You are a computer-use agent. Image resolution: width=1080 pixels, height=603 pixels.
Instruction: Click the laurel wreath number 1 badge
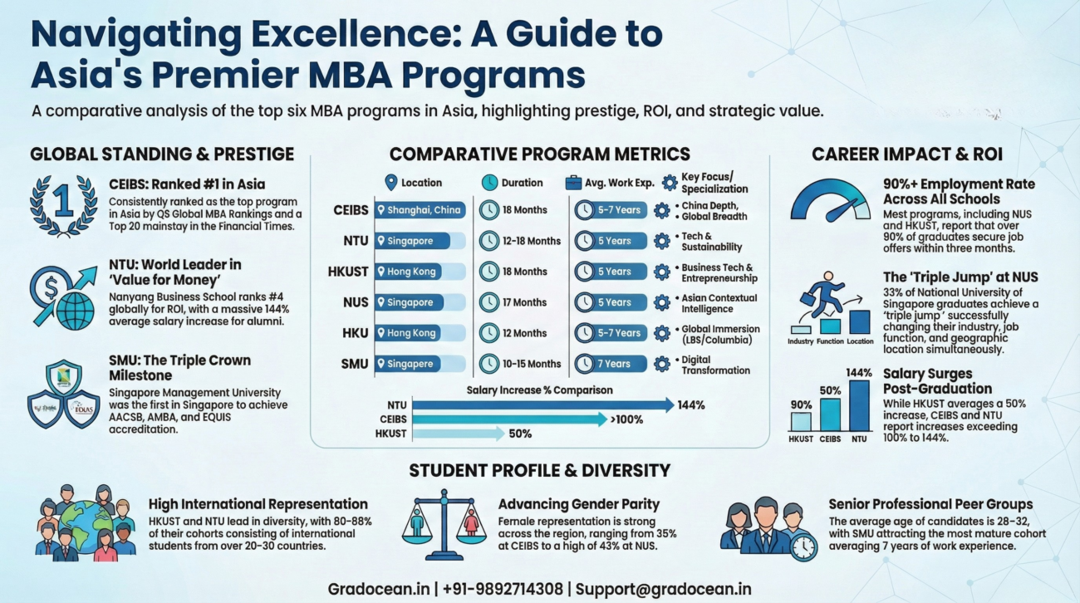click(x=63, y=204)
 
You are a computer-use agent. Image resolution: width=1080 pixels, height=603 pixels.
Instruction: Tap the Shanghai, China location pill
click(x=420, y=210)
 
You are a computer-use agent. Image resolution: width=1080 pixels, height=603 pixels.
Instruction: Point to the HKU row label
click(x=356, y=333)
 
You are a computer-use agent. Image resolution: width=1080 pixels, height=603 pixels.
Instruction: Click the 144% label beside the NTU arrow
click(x=691, y=405)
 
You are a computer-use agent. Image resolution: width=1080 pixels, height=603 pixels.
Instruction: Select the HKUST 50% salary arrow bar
click(x=458, y=434)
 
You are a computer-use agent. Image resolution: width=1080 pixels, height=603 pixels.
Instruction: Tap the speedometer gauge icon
click(x=830, y=200)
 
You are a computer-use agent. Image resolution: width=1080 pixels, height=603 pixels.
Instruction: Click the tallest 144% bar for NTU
click(x=859, y=405)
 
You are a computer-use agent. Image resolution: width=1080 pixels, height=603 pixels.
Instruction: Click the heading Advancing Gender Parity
click(x=579, y=504)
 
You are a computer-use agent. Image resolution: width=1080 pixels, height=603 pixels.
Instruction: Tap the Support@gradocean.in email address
click(x=663, y=589)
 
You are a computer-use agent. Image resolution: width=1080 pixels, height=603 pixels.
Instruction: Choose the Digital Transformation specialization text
click(x=714, y=365)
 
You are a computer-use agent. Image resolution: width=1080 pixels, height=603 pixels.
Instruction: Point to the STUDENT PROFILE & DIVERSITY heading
click(x=539, y=471)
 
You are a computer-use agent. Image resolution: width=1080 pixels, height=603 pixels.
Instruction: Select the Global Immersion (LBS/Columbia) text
click(x=719, y=334)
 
